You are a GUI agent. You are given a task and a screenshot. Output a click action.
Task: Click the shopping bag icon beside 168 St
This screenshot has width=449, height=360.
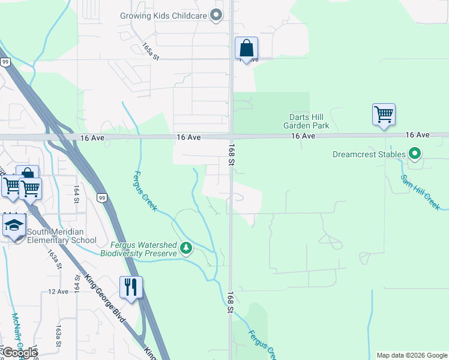pyautogui.click(x=246, y=48)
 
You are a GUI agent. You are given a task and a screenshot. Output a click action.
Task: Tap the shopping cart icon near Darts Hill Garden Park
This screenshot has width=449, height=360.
pyautogui.click(x=384, y=114)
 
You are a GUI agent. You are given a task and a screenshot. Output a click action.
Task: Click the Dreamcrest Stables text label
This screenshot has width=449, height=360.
pyautogui.click(x=369, y=154)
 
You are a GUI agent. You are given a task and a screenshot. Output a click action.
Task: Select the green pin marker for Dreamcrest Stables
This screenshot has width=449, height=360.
pyautogui.click(x=415, y=154)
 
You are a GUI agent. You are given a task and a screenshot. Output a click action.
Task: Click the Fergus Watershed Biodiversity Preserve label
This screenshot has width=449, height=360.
pyautogui.click(x=143, y=249)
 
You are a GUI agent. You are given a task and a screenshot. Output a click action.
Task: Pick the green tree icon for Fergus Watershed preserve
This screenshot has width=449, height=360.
pyautogui.click(x=187, y=248)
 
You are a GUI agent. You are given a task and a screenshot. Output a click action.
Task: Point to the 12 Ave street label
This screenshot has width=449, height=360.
pyautogui.click(x=58, y=292)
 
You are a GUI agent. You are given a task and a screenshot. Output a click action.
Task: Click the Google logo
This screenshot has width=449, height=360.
pyautogui.click(x=20, y=353)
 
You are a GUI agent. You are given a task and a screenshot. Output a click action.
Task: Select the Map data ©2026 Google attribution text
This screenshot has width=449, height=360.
pyautogui.click(x=412, y=355)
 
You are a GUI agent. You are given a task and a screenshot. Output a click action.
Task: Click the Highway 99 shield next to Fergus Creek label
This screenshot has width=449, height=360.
pyautogui.click(x=101, y=197)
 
